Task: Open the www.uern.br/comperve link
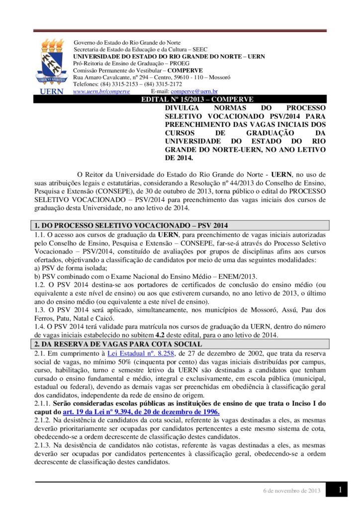[x=101, y=91]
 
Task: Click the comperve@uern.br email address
[x=194, y=91]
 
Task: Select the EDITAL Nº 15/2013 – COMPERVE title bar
[x=197, y=99]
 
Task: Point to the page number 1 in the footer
[x=340, y=490]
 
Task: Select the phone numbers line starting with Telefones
[x=121, y=85]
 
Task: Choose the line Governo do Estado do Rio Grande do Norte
[x=127, y=43]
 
